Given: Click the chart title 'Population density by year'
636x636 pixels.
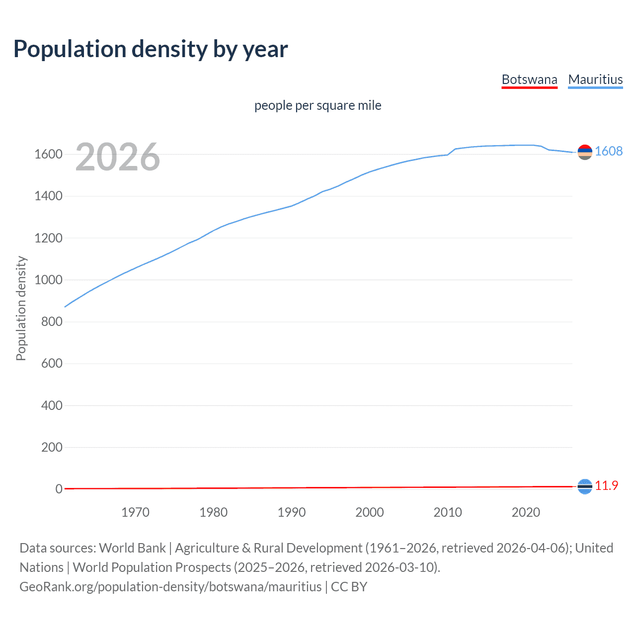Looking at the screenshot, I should pos(151,49).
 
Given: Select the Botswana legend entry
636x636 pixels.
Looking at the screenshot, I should pos(529,79).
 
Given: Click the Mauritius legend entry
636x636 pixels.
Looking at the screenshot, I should pos(595,79).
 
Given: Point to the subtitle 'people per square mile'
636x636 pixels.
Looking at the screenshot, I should pos(318,105).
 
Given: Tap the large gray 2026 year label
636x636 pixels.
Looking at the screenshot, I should pos(118,157).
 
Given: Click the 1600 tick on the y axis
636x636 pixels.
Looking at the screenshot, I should pos(48,154).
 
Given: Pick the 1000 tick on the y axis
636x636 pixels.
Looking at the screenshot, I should pos(48,280).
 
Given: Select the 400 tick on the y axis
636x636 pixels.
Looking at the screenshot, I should pos(52,405).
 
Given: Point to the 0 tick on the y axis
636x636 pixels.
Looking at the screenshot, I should pos(59,489).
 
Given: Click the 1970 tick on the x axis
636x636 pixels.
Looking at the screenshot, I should pos(135,512).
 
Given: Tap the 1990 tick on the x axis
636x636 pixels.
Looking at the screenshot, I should pos(292,512).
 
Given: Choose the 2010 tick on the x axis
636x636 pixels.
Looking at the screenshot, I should pos(448,512).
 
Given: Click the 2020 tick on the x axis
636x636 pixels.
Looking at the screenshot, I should pos(526,512).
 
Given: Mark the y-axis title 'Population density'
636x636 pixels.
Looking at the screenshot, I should pos(21,308).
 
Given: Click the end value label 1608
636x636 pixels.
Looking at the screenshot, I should pos(609,151).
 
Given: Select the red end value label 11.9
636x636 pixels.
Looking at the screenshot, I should pos(607,485).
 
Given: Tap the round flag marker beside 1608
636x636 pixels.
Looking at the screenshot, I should pos(585,152).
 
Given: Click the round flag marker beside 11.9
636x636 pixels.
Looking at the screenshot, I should pos(585,486).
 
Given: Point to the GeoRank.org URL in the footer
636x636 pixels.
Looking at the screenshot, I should pos(170,587).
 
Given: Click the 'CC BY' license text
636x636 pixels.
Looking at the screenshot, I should pos(349,587).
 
